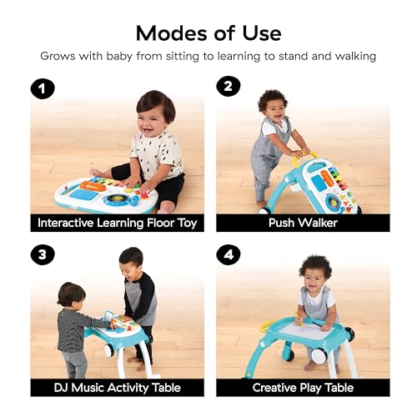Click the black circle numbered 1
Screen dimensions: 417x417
(43, 88)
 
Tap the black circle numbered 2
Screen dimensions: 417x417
(229, 86)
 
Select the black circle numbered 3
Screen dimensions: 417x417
(43, 254)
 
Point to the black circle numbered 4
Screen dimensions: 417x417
(229, 254)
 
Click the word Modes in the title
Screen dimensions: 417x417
(172, 33)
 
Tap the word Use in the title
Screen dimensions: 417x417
(262, 33)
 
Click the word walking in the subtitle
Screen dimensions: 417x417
(355, 57)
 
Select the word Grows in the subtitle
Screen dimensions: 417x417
(58, 57)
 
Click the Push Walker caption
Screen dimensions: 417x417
(303, 223)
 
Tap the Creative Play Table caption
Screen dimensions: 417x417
(303, 388)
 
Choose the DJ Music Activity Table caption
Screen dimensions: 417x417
(118, 388)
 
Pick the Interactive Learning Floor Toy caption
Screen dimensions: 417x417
(118, 223)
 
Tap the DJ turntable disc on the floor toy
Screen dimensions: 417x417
(114, 198)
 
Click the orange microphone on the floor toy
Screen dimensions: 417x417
(93, 186)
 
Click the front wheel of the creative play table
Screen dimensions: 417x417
(318, 356)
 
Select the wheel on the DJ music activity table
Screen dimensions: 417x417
(108, 351)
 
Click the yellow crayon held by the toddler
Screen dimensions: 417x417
(299, 319)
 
